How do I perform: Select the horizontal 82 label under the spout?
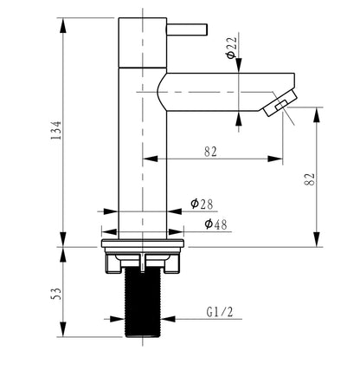210,152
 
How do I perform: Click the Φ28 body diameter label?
202,204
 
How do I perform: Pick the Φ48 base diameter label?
216,224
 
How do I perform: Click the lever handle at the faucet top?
187,30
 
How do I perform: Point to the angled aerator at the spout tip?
280,103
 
